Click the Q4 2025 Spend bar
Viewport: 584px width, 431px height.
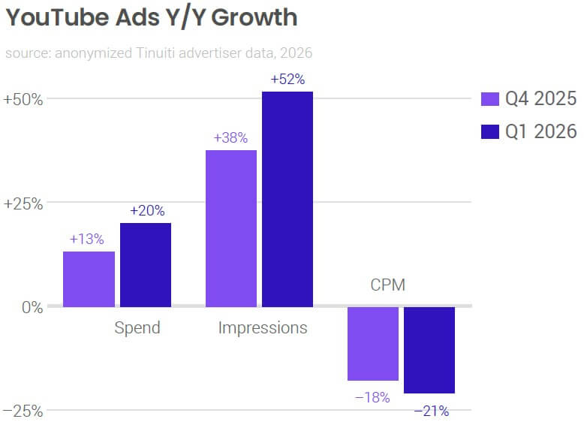click(89, 279)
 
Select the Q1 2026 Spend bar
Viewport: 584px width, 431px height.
click(146, 264)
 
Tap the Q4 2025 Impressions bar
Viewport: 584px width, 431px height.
click(230, 228)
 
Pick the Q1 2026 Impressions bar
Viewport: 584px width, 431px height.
click(287, 199)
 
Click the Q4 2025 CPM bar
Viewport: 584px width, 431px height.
click(372, 344)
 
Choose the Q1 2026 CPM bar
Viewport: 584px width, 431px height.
click(429, 350)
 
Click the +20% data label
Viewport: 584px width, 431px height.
click(146, 211)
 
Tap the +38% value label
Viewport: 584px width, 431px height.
click(230, 138)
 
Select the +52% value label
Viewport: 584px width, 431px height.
click(287, 80)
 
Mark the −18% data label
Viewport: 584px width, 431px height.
click(372, 398)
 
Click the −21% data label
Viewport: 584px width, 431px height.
click(431, 411)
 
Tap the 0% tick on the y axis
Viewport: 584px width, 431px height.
click(31, 306)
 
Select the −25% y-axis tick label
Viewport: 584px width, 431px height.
click(23, 411)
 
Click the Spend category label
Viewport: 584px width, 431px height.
click(137, 328)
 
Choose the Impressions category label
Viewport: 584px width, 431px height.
click(263, 328)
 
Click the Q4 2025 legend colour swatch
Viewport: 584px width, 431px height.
click(489, 99)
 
